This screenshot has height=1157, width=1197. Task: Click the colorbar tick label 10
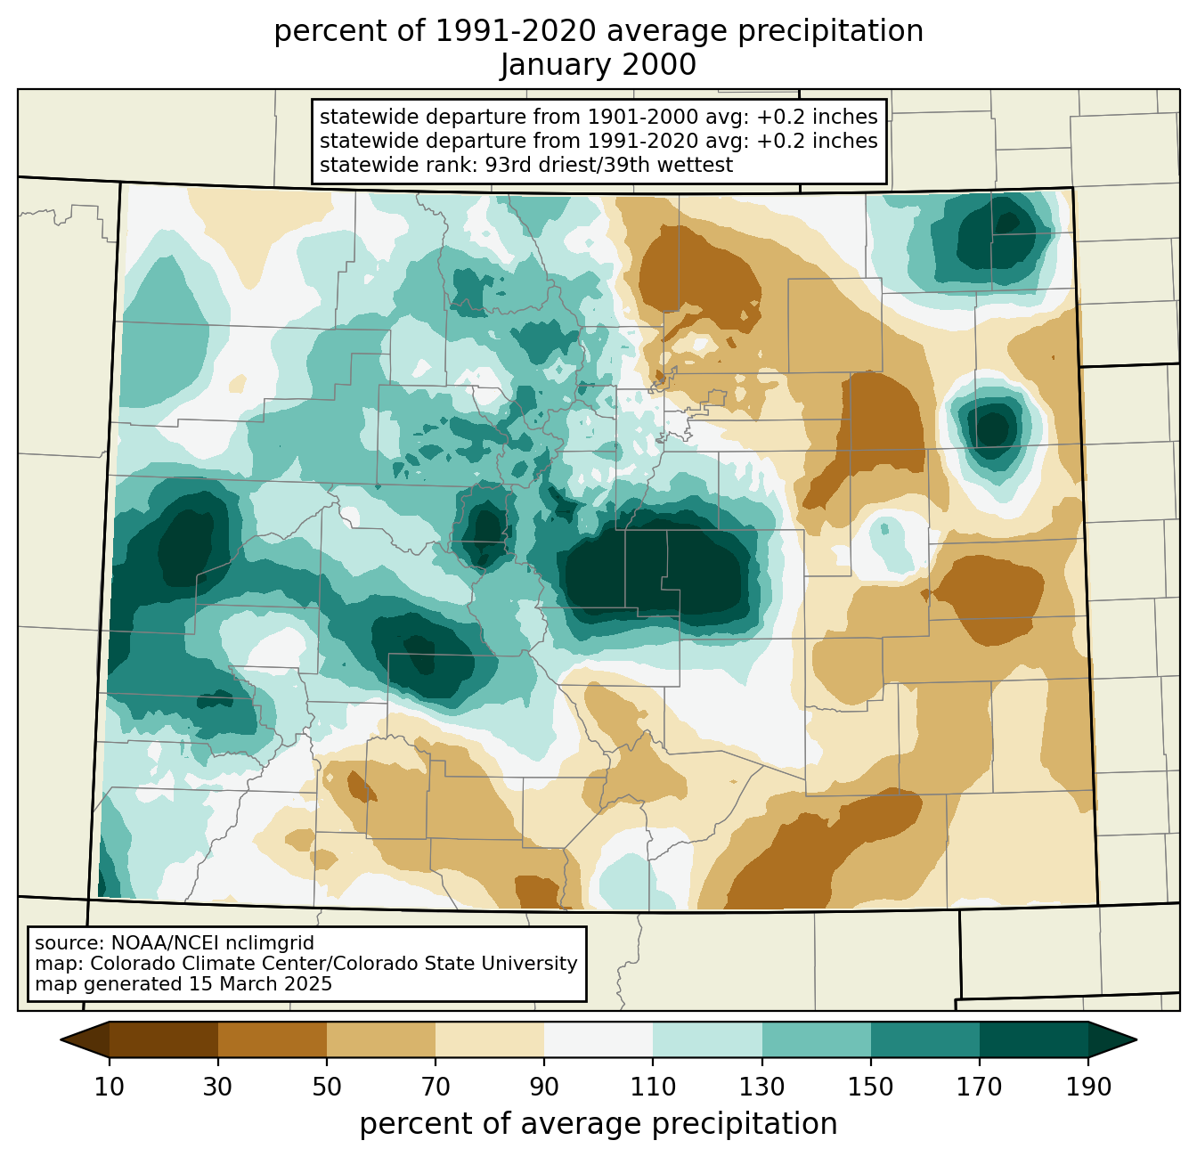(109, 1087)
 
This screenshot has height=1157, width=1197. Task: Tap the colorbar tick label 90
(544, 1087)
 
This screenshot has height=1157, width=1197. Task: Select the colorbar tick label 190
(1088, 1087)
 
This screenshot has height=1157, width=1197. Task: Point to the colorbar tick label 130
(761, 1087)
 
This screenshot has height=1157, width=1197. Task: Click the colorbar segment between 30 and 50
(272, 1039)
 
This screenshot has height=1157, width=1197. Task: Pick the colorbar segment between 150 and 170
(924, 1039)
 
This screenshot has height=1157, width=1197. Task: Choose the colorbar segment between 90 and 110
(598, 1039)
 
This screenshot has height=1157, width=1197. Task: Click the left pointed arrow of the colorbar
(85, 1039)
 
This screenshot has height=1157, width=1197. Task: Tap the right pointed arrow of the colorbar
(1112, 1039)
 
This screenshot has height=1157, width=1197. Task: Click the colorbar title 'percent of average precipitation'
(598, 1124)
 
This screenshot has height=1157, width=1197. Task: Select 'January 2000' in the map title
(598, 65)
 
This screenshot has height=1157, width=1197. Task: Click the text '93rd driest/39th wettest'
(609, 165)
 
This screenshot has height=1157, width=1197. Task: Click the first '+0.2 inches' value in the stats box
(817, 117)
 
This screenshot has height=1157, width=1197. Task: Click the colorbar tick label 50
(327, 1087)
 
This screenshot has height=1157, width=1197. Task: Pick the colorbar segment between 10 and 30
(164, 1039)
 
